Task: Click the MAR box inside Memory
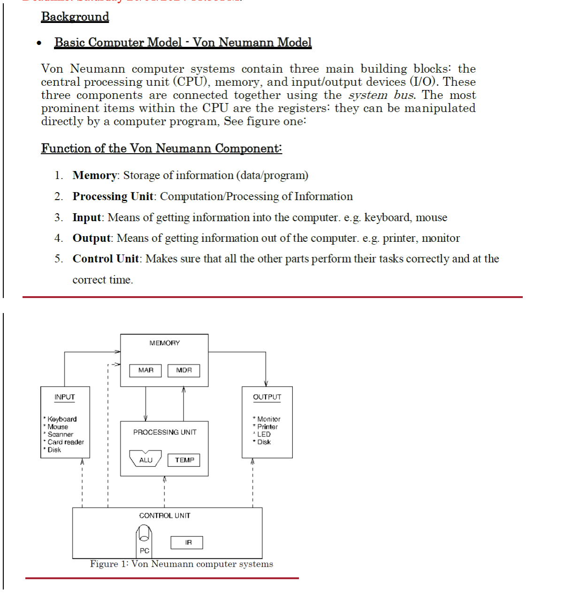pyautogui.click(x=145, y=371)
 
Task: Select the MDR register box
pyautogui.click(x=183, y=371)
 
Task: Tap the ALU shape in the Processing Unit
pyautogui.click(x=145, y=459)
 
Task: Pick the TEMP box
pyautogui.click(x=184, y=460)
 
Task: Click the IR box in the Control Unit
pyautogui.click(x=188, y=543)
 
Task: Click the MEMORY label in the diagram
pyautogui.click(x=164, y=343)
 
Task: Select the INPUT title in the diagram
pyautogui.click(x=64, y=397)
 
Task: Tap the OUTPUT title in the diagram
pyautogui.click(x=267, y=397)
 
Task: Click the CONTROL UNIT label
pyautogui.click(x=165, y=515)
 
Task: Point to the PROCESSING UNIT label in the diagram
pyautogui.click(x=165, y=432)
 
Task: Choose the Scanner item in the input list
pyautogui.click(x=60, y=434)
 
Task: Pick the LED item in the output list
pyautogui.click(x=264, y=434)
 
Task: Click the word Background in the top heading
pyautogui.click(x=75, y=17)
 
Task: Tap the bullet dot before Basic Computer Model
pyautogui.click(x=39, y=44)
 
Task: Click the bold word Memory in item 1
pyautogui.click(x=95, y=175)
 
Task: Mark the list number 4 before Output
pyautogui.click(x=58, y=238)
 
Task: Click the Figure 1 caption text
pyautogui.click(x=181, y=564)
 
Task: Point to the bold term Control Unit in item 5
pyautogui.click(x=106, y=259)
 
